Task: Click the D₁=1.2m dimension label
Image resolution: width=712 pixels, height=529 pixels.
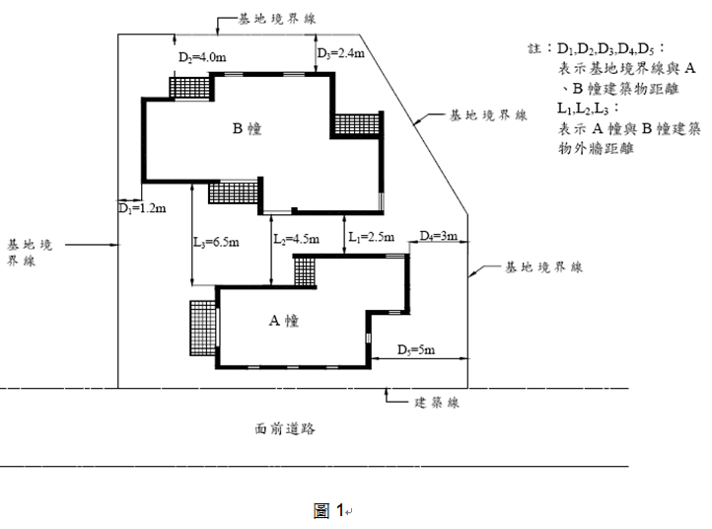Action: point(142,208)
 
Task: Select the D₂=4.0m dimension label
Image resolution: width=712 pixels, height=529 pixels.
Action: point(202,57)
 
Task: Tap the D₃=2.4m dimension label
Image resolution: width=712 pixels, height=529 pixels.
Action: point(340,53)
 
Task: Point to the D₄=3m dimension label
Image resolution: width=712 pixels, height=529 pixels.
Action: point(438,236)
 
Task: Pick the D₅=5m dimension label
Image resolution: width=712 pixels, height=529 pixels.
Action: point(416,349)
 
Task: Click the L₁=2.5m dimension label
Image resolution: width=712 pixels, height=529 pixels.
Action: point(371,236)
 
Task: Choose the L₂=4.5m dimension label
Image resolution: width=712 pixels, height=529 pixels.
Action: point(296,239)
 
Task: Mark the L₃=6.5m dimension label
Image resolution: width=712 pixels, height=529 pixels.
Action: point(216,242)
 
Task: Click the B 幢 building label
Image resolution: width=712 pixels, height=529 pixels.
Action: point(247,128)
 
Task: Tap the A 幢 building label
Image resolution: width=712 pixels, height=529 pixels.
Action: point(284,321)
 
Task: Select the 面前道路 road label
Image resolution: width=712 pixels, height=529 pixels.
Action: point(285,428)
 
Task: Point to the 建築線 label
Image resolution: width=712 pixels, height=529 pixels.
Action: point(437,403)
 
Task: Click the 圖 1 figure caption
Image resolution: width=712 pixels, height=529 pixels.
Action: point(328,510)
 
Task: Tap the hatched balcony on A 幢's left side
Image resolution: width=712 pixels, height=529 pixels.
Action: point(202,328)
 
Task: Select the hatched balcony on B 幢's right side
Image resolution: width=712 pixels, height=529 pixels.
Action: point(357,123)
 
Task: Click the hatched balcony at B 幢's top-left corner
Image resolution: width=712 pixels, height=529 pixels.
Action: point(189,87)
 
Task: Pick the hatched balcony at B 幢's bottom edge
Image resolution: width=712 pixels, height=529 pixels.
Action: point(233,192)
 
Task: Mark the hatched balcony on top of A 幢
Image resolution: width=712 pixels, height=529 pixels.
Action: point(305,271)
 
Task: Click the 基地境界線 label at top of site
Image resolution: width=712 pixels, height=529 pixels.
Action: point(277,19)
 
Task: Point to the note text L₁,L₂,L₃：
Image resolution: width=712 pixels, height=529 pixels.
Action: point(589,109)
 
